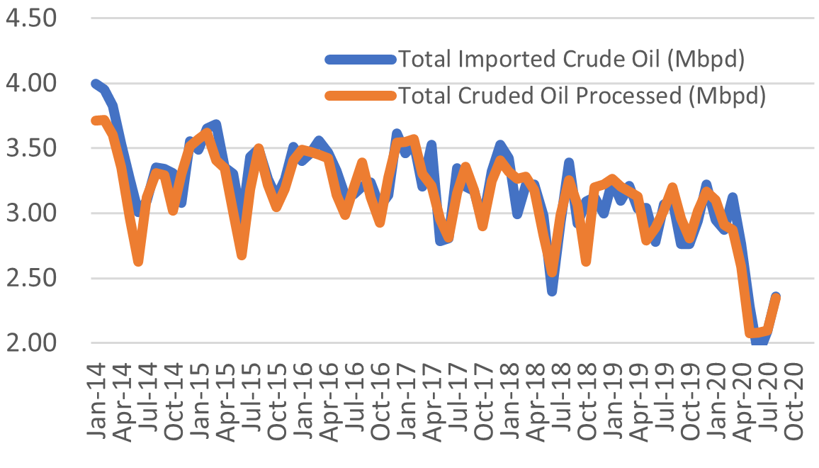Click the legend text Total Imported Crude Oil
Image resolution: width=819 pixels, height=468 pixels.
(x=570, y=60)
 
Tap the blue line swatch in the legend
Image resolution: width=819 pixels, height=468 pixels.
(x=361, y=60)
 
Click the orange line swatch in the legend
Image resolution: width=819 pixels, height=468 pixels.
(x=361, y=96)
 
